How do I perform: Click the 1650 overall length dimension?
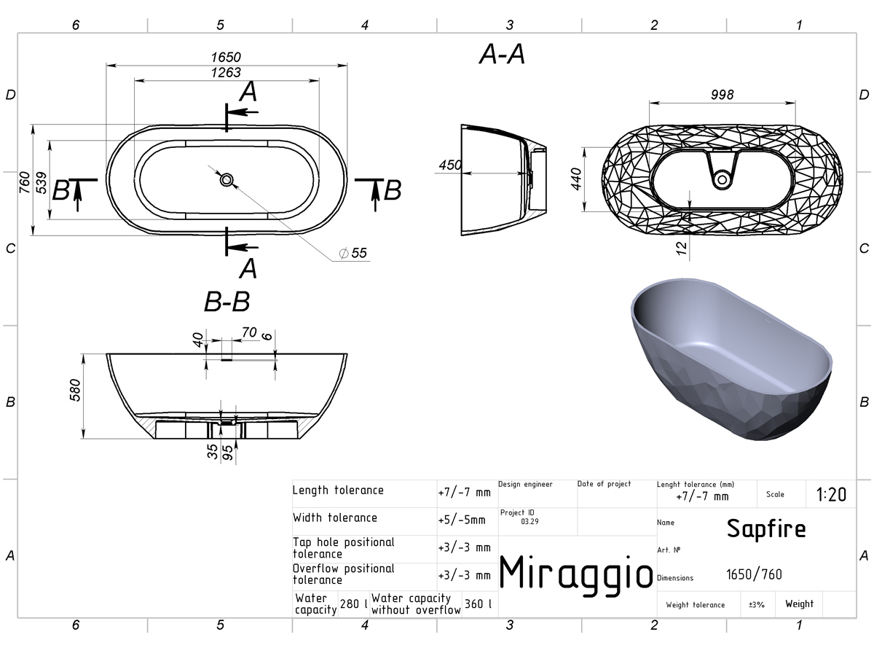pos(226,58)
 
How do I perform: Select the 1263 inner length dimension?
pos(226,72)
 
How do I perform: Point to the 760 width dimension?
pos(25,182)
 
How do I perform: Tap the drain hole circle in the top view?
pos(227,180)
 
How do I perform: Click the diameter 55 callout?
pos(353,253)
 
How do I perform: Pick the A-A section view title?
pos(502,54)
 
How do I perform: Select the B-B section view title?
pos(227,302)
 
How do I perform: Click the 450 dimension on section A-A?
pos(450,165)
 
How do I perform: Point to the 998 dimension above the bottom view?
pos(723,95)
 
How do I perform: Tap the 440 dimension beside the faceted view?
pos(576,179)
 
